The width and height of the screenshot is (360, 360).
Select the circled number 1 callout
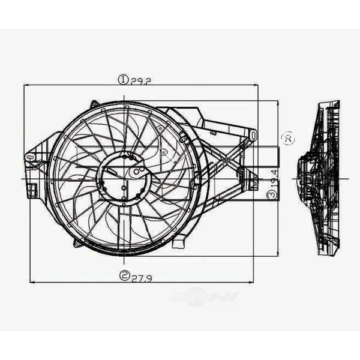tap(122, 79)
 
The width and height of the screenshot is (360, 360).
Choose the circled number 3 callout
tap(272, 194)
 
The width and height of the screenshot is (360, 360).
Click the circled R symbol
tap(288, 138)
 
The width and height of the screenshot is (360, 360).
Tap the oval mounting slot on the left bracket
tap(28, 158)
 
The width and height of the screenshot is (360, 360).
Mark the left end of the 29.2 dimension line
tap(23, 85)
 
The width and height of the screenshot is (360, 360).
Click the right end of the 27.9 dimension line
tap(253, 281)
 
